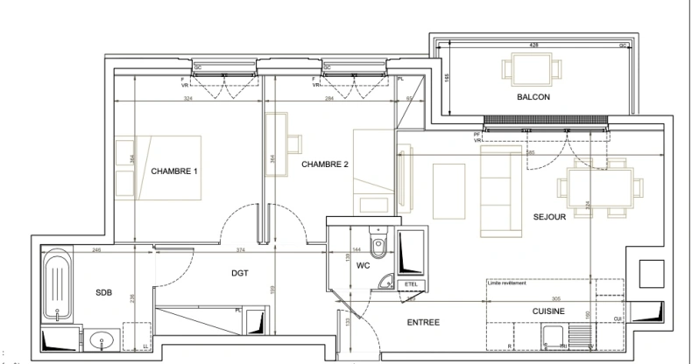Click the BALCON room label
533,97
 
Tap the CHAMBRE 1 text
173,171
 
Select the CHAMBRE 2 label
325,164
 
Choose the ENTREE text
424,323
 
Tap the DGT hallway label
240,273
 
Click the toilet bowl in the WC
378,244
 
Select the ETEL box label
409,285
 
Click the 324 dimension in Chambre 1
187,99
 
